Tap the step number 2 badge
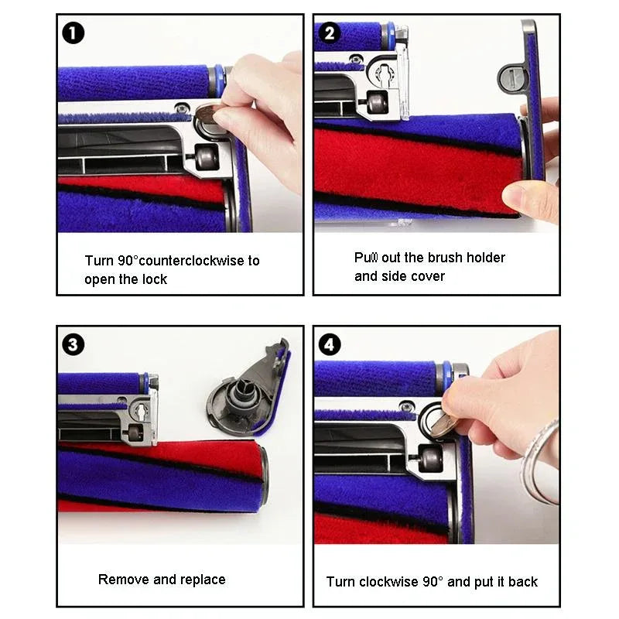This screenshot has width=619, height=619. [x=330, y=33]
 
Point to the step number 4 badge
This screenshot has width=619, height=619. [x=330, y=344]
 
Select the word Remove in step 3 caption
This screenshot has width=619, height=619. [x=120, y=580]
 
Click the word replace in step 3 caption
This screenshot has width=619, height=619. [x=200, y=580]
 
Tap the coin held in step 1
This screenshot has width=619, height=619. [x=207, y=116]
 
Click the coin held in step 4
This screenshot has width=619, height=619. [x=441, y=422]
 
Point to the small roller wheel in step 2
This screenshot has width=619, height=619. [x=377, y=104]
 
